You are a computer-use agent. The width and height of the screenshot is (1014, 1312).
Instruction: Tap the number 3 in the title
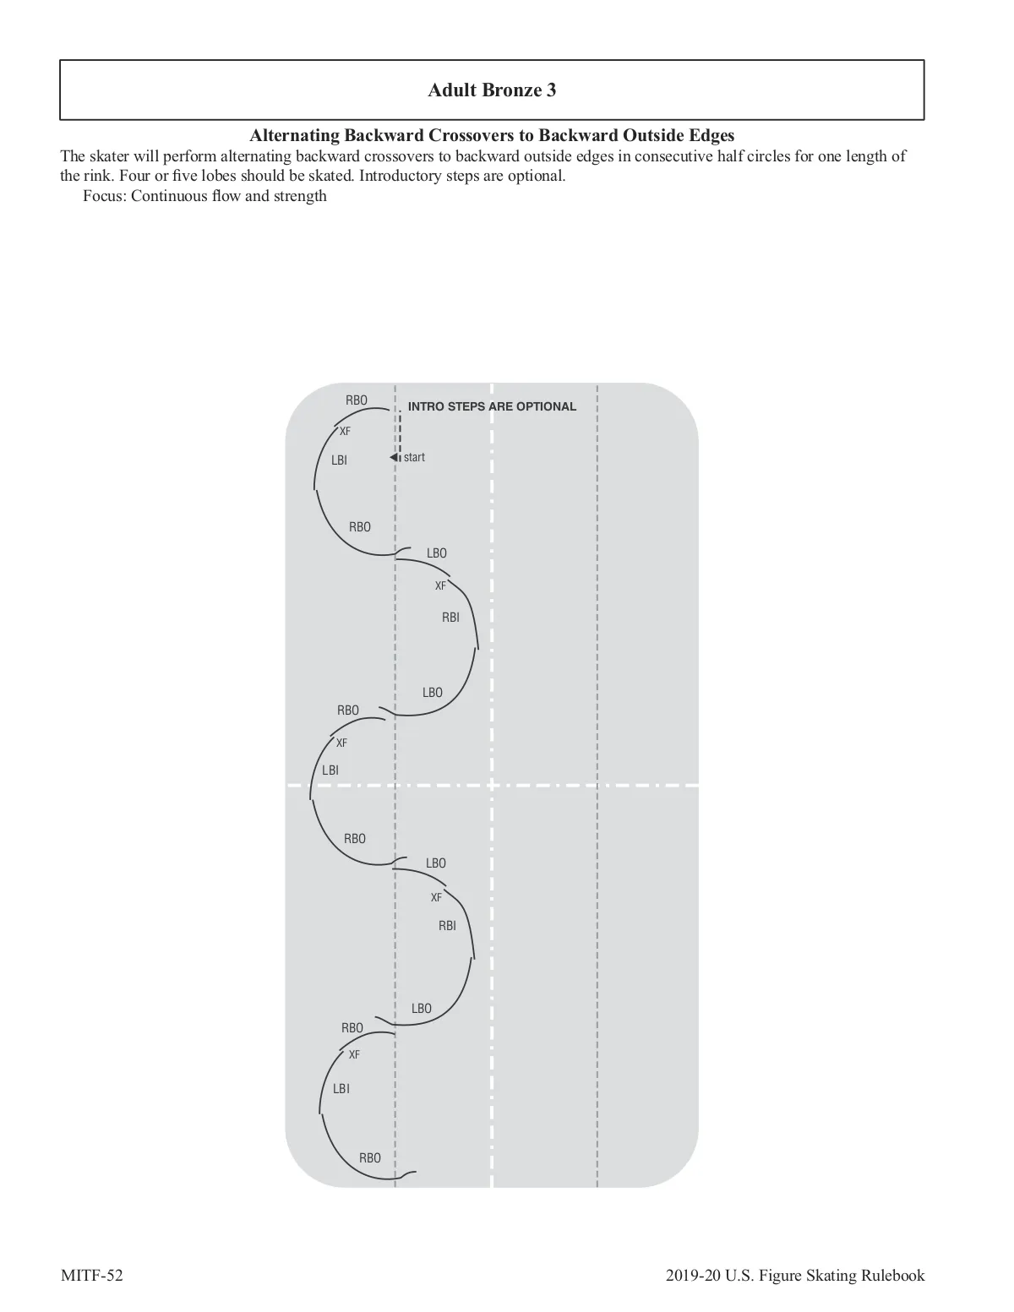tap(551, 90)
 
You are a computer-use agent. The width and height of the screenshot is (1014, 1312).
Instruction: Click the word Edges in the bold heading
tap(710, 135)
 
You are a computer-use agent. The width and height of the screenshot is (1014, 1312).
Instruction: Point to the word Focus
tap(103, 196)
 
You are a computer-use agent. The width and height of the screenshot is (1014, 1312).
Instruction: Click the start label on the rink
tap(414, 458)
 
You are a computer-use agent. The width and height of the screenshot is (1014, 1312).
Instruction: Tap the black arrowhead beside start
tap(394, 458)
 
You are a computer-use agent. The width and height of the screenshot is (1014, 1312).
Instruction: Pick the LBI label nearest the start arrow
tap(339, 460)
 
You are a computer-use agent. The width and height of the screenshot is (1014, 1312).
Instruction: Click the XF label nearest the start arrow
tap(345, 432)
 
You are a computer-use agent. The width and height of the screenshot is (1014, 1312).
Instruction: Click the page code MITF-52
tap(91, 1276)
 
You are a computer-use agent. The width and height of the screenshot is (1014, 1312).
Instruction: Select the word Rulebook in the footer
tap(892, 1276)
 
